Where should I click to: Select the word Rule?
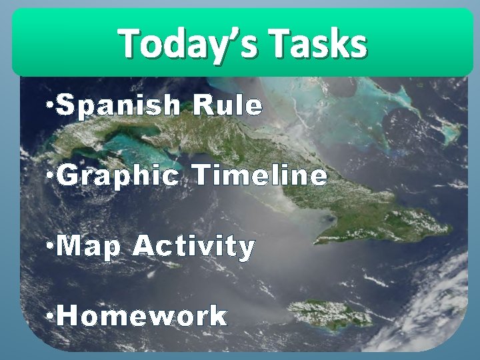(x=228, y=105)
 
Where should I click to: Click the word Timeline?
(x=261, y=176)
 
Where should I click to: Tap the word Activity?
(x=194, y=247)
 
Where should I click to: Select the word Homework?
(x=142, y=315)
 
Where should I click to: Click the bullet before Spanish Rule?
(x=51, y=105)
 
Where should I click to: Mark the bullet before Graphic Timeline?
(x=51, y=176)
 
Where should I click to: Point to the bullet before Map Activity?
(x=51, y=247)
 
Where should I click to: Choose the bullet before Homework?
(x=51, y=315)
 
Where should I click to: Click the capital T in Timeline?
(x=202, y=176)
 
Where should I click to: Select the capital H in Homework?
(x=67, y=315)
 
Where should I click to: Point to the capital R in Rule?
(x=201, y=105)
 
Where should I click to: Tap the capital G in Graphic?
(x=68, y=177)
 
